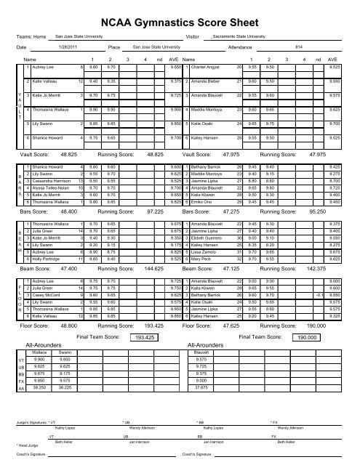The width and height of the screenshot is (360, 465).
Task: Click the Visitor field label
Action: [x=193, y=36]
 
